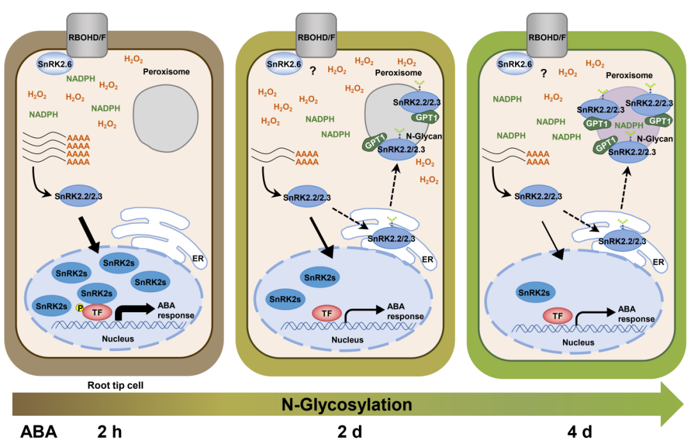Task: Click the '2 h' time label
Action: coord(109,432)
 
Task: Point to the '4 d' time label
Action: coord(581,432)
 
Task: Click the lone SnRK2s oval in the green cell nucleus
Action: coord(534,293)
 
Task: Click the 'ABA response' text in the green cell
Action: coord(635,314)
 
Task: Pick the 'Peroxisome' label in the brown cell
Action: coord(166,72)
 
